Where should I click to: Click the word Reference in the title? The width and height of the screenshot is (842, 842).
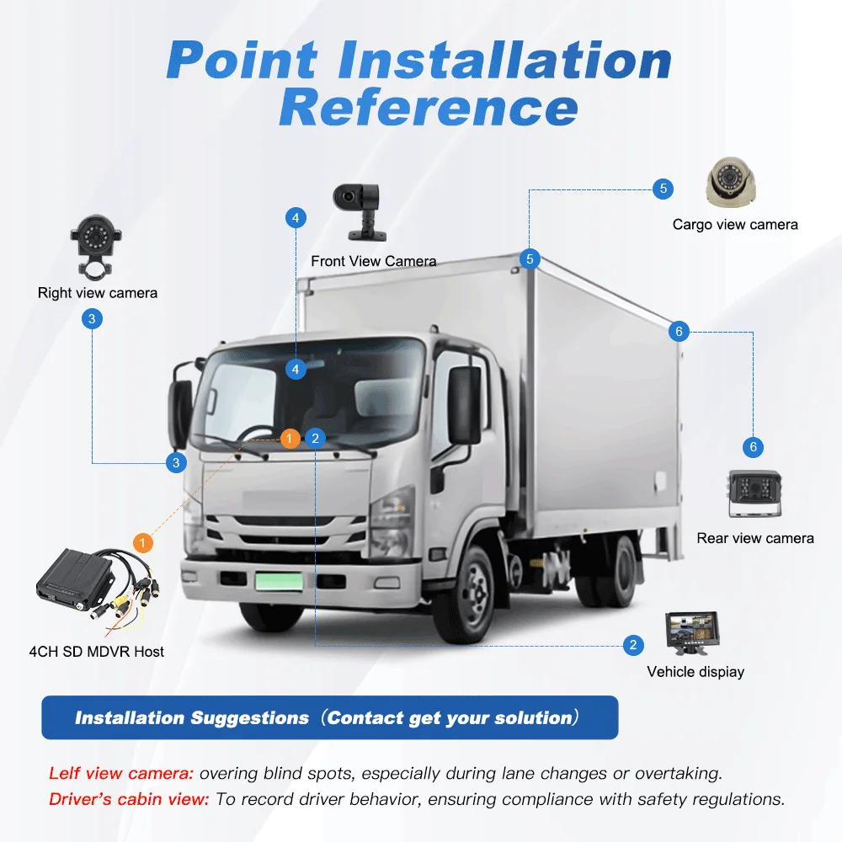point(429,109)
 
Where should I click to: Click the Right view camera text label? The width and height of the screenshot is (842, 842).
point(98,293)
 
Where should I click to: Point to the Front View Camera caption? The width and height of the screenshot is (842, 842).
point(374,261)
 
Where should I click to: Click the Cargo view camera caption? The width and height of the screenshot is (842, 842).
point(735,225)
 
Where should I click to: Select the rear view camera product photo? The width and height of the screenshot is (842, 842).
point(755,493)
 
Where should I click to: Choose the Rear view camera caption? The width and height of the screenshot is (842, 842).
point(755,538)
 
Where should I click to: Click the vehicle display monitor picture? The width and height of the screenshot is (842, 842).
point(691,632)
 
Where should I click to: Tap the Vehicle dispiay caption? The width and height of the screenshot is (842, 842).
point(695,672)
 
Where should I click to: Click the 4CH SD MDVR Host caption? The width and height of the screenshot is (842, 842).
point(97,652)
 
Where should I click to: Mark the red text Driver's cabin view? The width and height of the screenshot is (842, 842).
point(129,799)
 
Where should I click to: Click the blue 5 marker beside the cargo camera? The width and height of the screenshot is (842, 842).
point(663,189)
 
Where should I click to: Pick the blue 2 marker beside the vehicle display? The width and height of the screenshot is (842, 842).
point(633,646)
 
